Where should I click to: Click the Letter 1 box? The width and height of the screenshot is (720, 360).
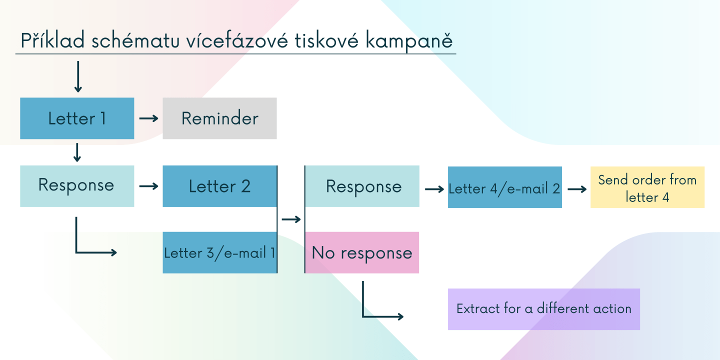pos(77,118)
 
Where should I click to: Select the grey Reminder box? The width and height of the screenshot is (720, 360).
pos(219,118)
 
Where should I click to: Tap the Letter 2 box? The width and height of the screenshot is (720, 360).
pos(219,186)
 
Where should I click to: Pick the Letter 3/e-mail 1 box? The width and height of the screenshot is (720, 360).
pos(219,252)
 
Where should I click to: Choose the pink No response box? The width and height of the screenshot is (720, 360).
pos(362,252)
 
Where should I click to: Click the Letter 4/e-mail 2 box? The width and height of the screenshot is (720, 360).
pos(505,187)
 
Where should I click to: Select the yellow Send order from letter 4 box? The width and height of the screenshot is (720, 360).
pos(647,187)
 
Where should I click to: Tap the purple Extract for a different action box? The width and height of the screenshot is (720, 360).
pos(544,309)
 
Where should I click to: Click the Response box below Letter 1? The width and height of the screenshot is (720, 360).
pos(77,186)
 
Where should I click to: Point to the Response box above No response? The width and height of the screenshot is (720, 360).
pos(362,186)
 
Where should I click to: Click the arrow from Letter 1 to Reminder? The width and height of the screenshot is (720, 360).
pos(149,118)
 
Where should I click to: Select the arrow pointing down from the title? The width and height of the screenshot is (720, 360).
pos(78,76)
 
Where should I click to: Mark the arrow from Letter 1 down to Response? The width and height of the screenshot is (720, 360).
pos(77,152)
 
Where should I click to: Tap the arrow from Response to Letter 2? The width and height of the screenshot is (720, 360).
pos(149,186)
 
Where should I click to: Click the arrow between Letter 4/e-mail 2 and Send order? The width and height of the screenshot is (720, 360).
pos(577,189)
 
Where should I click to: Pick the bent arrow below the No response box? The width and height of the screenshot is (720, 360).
pos(363,316)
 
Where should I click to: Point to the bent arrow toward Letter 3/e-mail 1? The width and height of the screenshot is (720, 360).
pos(76,252)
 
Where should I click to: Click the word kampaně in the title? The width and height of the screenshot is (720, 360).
pos(409,41)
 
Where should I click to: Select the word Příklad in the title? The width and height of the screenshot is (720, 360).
pos(52,40)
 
